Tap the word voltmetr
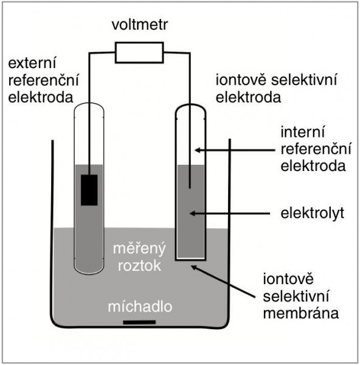click(x=140, y=25)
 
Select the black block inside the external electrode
click(x=89, y=190)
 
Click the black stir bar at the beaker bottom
click(x=139, y=322)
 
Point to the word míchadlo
click(x=140, y=307)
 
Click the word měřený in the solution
click(x=139, y=249)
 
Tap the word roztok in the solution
click(x=140, y=266)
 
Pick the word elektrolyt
click(x=313, y=214)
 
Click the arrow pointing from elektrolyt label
click(x=230, y=214)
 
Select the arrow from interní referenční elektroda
click(x=235, y=150)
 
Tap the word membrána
click(x=301, y=313)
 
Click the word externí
click(x=32, y=63)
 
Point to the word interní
click(x=302, y=132)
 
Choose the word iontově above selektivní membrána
click(x=288, y=279)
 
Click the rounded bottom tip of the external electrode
click(x=89, y=273)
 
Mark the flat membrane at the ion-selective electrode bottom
click(x=190, y=259)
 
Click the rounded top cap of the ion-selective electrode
click(x=190, y=105)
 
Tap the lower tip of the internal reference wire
click(x=190, y=187)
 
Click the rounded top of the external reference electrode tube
click(x=89, y=103)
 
